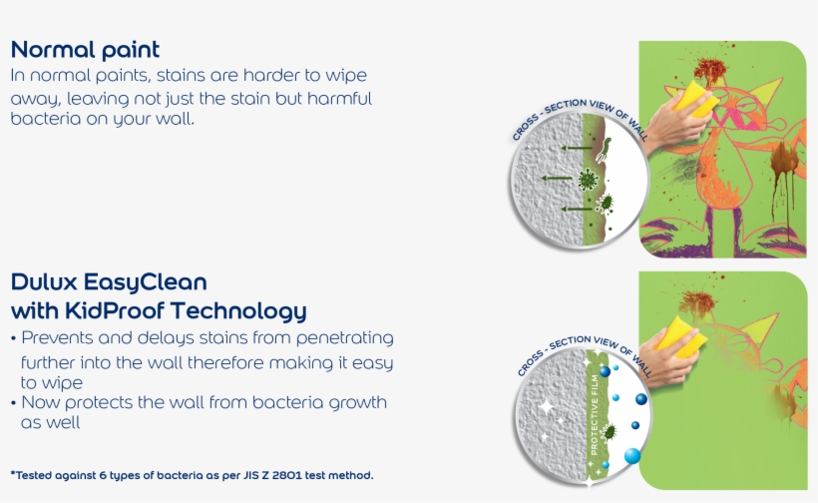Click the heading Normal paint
(x=85, y=50)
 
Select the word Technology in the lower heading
(x=238, y=311)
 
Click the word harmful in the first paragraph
(x=339, y=98)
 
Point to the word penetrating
(x=345, y=338)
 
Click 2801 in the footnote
(x=286, y=475)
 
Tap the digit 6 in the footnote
(x=102, y=475)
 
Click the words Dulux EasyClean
(x=109, y=281)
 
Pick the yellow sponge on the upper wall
(x=696, y=98)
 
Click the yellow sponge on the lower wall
(x=681, y=336)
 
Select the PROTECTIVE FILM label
(x=595, y=415)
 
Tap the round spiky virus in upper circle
(x=588, y=179)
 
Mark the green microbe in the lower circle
(x=608, y=432)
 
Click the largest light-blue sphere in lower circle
(x=632, y=455)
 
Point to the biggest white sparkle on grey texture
(x=547, y=406)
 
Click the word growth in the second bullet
(x=358, y=403)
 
